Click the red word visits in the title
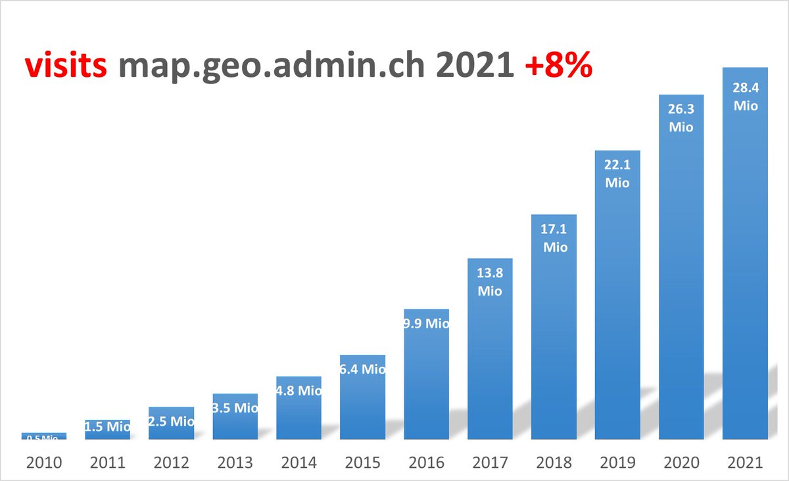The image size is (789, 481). pos(66,67)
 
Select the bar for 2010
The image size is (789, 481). pos(43,436)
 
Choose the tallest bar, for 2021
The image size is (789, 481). pos(746,263)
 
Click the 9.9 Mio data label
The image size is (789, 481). pos(427,323)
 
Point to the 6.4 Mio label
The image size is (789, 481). pos(363,369)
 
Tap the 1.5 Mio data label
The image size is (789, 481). pos(108,426)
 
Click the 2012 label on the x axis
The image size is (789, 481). pos(171,463)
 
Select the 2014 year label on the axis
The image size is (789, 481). pos(299,463)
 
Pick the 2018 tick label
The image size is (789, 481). pos(554,463)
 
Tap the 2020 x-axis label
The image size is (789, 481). pos(681,463)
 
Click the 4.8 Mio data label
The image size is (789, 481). pos(299,390)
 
